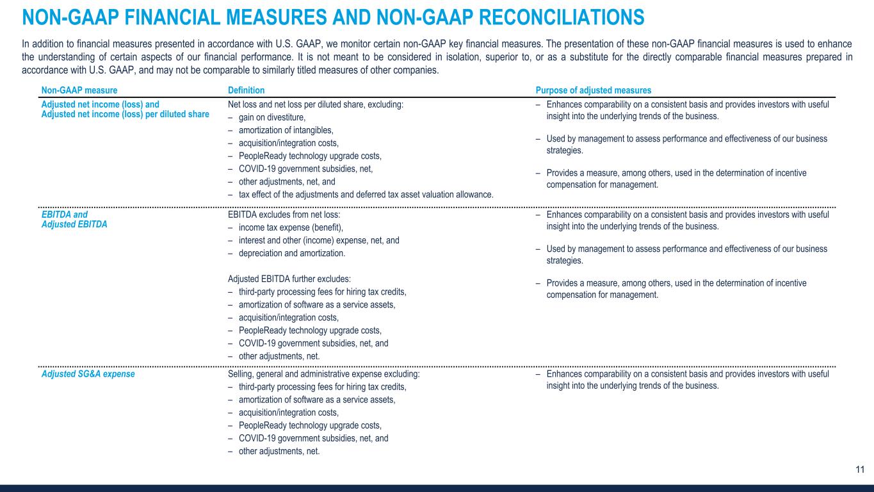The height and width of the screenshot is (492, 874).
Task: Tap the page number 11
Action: point(860,470)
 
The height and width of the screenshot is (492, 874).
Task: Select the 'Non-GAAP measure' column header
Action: point(79,91)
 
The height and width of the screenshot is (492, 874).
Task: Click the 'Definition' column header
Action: point(246,91)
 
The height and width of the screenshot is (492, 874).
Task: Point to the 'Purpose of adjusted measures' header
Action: point(594,91)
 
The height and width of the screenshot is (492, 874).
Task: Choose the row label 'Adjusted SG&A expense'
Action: point(88,374)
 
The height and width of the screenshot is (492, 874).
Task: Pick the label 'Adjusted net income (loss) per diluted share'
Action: point(125,114)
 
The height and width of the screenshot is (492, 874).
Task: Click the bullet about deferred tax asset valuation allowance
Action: point(366,195)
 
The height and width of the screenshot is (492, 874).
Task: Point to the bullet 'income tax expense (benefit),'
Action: point(291,228)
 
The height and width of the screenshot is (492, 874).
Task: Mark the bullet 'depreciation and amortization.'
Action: point(291,254)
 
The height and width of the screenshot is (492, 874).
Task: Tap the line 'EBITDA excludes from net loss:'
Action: point(284,215)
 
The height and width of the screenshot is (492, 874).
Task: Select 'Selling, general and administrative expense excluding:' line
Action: point(323,374)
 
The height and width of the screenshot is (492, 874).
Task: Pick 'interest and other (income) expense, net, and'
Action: point(319,241)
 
